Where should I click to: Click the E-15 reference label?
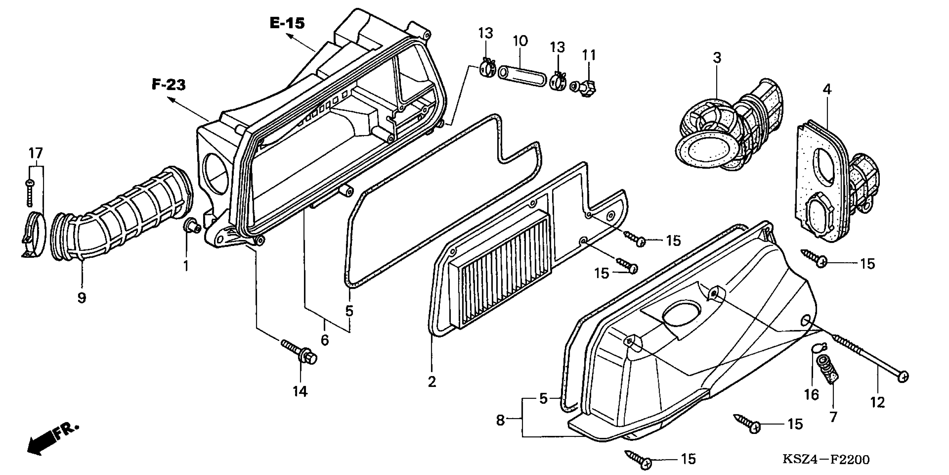[x=287, y=23]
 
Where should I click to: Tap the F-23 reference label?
[x=169, y=85]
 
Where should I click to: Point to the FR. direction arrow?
[x=52, y=439]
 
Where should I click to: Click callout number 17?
[x=36, y=153]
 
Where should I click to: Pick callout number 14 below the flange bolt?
[x=300, y=391]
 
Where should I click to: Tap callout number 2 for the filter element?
[x=432, y=381]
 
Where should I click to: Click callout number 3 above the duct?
[x=716, y=58]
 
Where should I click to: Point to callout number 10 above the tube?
[x=520, y=41]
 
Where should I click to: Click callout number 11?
[x=589, y=55]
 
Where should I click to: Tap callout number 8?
[x=500, y=420]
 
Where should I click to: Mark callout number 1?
[x=186, y=265]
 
